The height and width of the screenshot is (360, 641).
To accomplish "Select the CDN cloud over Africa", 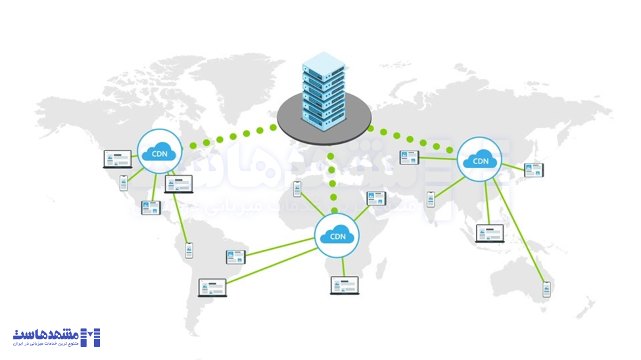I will pyautogui.click(x=338, y=236).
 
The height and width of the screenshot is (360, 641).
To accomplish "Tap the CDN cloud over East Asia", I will pyautogui.click(x=481, y=160).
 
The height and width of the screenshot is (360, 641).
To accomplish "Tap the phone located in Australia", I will pyautogui.click(x=546, y=289).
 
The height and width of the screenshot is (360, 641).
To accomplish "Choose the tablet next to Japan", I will pyautogui.click(x=533, y=171).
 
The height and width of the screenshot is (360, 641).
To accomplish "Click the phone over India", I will pyautogui.click(x=431, y=199).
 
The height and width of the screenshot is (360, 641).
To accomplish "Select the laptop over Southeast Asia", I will pyautogui.click(x=490, y=233).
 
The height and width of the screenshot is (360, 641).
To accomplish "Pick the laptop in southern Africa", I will pyautogui.click(x=344, y=285).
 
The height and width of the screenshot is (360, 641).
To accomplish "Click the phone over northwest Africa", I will pyautogui.click(x=297, y=189).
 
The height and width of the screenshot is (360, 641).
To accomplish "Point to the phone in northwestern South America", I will pyautogui.click(x=189, y=250).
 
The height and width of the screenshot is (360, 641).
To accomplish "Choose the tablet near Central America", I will pyautogui.click(x=151, y=208).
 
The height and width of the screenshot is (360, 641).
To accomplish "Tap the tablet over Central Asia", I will pyautogui.click(x=410, y=157).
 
